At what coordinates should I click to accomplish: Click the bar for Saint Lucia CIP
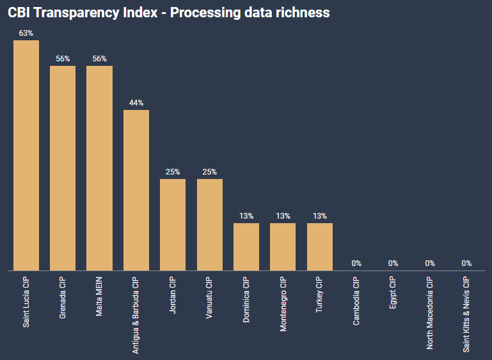click(x=26, y=155)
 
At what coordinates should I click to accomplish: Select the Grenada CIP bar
click(x=63, y=168)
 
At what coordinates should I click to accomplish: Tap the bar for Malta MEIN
click(x=99, y=168)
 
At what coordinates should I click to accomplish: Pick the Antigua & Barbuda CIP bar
click(x=136, y=190)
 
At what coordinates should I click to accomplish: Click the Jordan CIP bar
click(x=173, y=224)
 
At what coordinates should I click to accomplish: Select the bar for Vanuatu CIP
click(x=210, y=224)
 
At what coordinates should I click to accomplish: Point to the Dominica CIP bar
click(x=246, y=246)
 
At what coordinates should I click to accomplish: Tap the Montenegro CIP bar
click(x=283, y=246)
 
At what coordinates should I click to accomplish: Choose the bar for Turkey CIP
click(x=320, y=246)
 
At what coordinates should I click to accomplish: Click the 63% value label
click(x=26, y=33)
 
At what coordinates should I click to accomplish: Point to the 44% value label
click(x=136, y=102)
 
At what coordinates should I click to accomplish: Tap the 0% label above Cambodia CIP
click(x=356, y=263)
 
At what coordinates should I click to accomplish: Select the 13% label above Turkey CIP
click(x=320, y=215)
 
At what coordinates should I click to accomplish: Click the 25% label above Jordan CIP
click(x=173, y=171)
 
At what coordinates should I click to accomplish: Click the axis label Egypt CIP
click(x=393, y=293)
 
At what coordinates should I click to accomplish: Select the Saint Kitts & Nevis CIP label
click(x=466, y=314)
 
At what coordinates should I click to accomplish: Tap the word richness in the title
click(x=304, y=12)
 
